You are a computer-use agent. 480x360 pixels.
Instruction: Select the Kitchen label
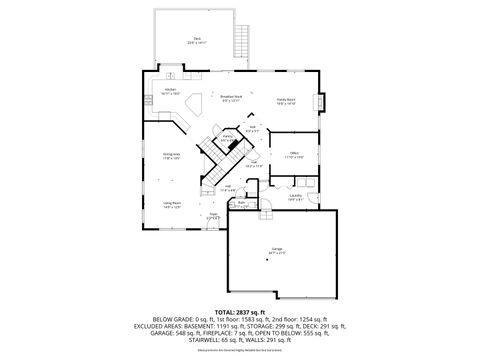pos(170,90)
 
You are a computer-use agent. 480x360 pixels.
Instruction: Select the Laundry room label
pos(295,196)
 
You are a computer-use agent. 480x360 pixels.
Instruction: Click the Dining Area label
pos(170,155)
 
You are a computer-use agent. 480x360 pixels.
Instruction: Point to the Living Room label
pos(172,205)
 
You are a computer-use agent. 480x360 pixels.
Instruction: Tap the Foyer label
pos(213,215)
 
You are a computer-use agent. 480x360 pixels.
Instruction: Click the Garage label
pos(276,251)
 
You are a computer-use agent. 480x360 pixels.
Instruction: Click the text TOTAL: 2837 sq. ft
pos(240,313)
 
